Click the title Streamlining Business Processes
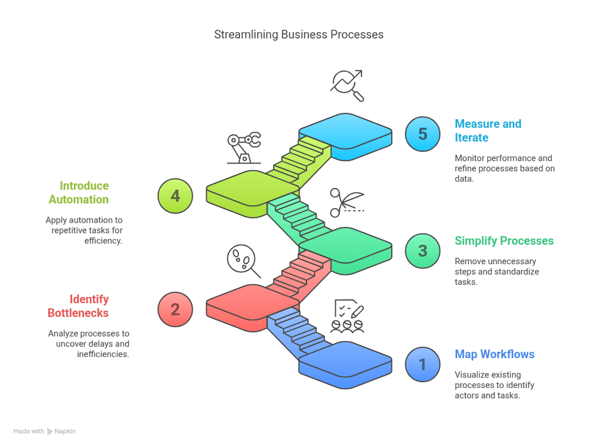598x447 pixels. [x=298, y=34]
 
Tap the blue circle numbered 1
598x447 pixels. [x=422, y=365]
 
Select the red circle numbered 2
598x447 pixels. [x=175, y=309]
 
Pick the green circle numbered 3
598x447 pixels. [x=422, y=251]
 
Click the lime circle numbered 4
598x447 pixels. [x=175, y=196]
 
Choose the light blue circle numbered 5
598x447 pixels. [x=422, y=134]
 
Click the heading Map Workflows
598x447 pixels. [x=494, y=354]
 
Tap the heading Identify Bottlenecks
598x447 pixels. [x=78, y=306]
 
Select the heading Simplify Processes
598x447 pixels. [x=503, y=241]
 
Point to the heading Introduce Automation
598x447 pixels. [x=78, y=192]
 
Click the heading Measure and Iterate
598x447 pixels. [x=487, y=131]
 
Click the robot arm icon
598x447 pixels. [x=244, y=148]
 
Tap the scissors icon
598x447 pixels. [x=346, y=202]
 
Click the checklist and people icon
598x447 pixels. [x=347, y=317]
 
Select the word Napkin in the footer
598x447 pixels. [x=65, y=431]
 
